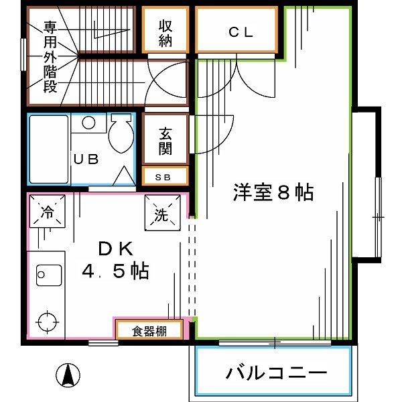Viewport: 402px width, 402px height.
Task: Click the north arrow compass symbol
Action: click(x=68, y=375)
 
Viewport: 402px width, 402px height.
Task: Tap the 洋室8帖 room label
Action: click(x=273, y=192)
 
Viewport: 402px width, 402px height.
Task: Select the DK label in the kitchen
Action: click(x=116, y=249)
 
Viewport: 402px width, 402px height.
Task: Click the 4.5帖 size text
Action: click(x=116, y=271)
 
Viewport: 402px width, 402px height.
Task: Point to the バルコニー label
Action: click(x=276, y=373)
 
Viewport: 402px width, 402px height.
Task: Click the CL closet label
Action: click(x=241, y=32)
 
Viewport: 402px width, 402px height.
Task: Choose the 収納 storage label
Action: click(x=165, y=33)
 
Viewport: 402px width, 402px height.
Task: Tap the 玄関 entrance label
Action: click(x=165, y=141)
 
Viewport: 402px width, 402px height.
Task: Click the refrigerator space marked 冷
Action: click(x=48, y=211)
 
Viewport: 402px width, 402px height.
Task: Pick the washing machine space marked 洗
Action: click(x=163, y=213)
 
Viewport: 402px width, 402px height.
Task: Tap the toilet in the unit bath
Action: click(x=121, y=134)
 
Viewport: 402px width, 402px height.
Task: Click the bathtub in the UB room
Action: click(x=49, y=149)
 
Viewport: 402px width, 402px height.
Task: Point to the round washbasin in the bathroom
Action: click(x=88, y=123)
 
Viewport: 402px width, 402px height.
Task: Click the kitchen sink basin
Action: click(x=49, y=275)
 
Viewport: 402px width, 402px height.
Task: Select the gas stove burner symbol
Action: click(x=48, y=322)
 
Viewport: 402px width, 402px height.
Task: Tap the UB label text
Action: click(x=86, y=159)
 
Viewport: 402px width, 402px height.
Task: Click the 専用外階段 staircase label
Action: click(x=50, y=57)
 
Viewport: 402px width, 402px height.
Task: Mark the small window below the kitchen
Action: click(x=103, y=343)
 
